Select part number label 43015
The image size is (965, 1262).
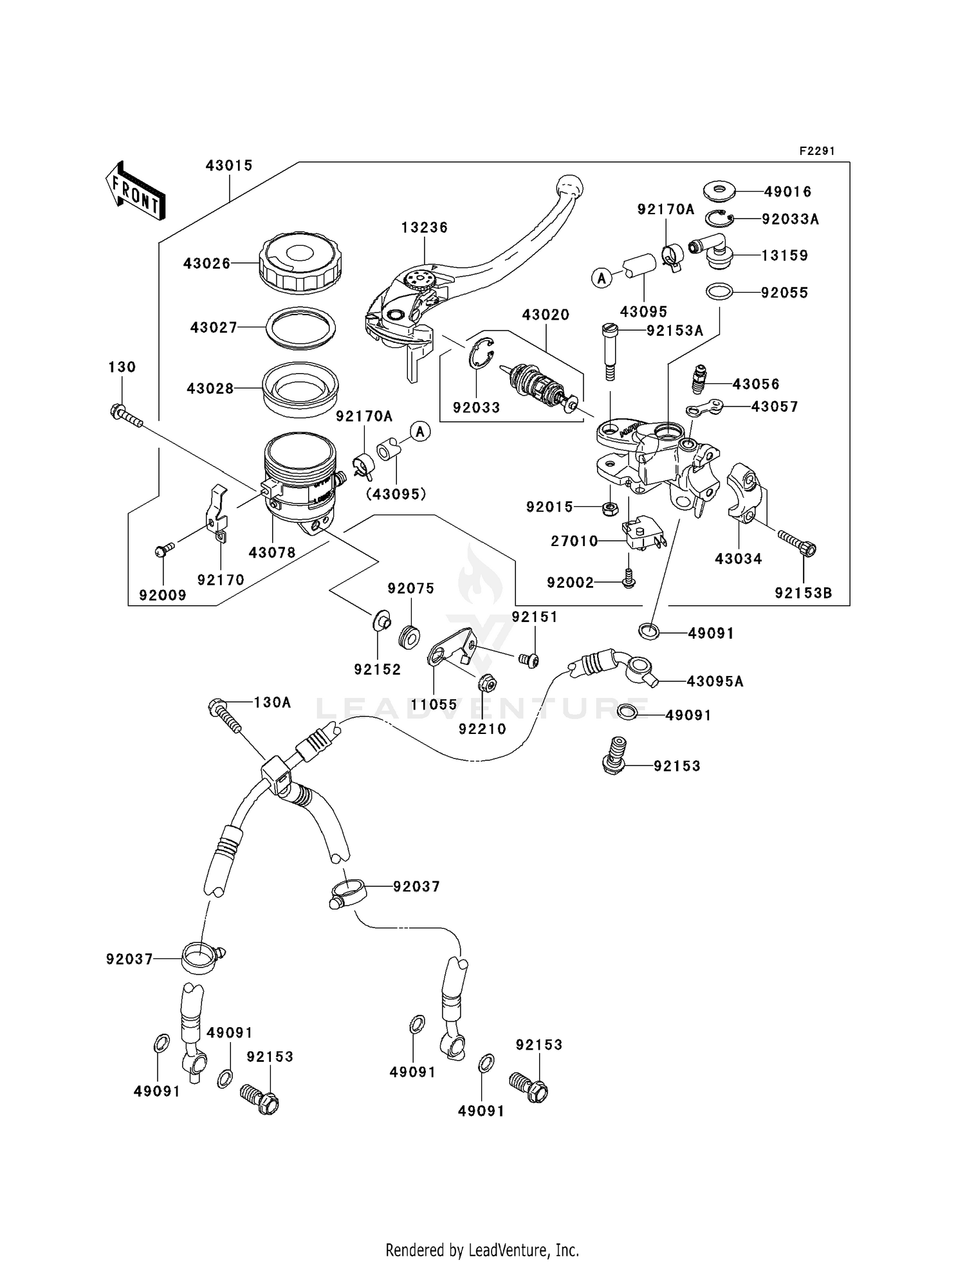click(x=229, y=165)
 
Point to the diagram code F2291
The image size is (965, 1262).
click(x=816, y=151)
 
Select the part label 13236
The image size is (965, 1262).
click(x=424, y=228)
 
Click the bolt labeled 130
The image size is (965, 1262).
click(x=125, y=415)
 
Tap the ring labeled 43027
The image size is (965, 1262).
click(x=300, y=328)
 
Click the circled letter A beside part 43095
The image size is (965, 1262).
click(x=602, y=278)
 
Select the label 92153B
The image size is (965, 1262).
click(x=803, y=593)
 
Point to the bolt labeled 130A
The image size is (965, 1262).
click(x=225, y=717)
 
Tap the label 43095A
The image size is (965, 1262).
click(x=715, y=681)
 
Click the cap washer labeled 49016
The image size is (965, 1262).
click(x=718, y=191)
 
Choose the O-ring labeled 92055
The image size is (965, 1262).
click(x=719, y=292)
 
